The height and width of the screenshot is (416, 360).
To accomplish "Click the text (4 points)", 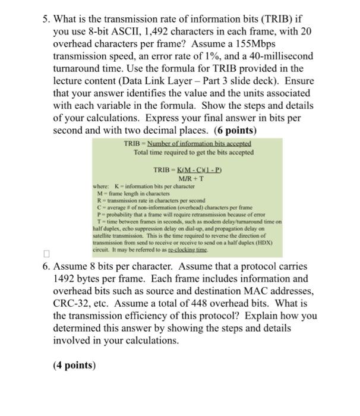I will (x=74, y=365).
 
